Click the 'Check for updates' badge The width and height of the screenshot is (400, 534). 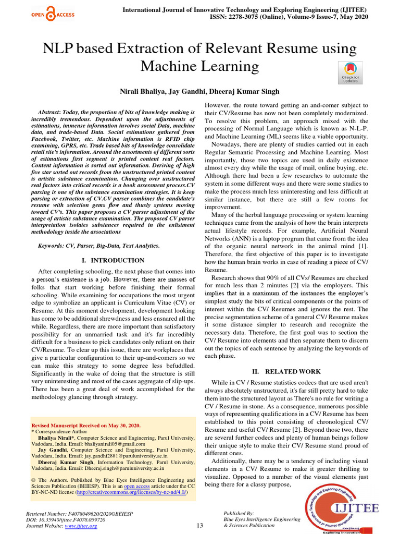349,72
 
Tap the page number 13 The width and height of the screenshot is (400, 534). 199,525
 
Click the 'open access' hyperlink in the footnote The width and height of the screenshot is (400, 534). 136,486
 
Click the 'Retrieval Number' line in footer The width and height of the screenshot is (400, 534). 70,513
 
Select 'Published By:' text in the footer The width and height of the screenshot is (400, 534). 239,513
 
